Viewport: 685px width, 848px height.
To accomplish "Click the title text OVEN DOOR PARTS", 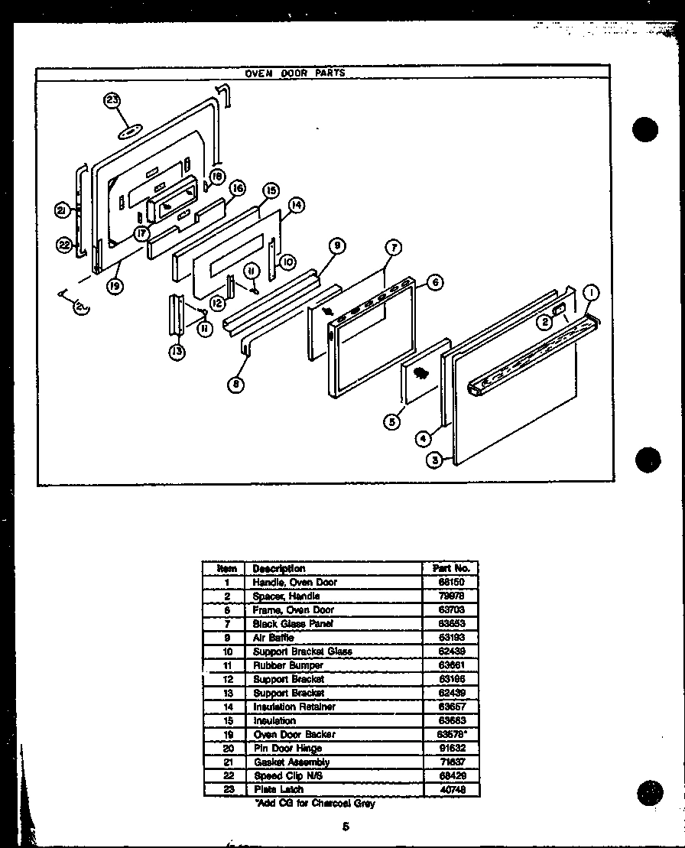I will pyautogui.click(x=295, y=73).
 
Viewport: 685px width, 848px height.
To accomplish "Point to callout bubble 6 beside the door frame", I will pyautogui.click(x=435, y=282).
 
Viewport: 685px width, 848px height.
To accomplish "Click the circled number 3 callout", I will pyautogui.click(x=436, y=461).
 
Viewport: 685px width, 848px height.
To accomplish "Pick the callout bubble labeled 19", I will pyautogui.click(x=115, y=288).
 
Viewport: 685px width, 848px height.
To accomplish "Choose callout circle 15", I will pyautogui.click(x=271, y=190).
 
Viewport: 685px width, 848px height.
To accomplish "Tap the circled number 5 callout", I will pyautogui.click(x=392, y=421).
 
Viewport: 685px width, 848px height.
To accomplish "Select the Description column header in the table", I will pyautogui.click(x=279, y=568).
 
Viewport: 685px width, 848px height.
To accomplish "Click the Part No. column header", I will pyautogui.click(x=450, y=568).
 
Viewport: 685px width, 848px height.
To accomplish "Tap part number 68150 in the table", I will pyautogui.click(x=450, y=582).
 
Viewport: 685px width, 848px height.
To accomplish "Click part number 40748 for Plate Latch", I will pyautogui.click(x=450, y=789).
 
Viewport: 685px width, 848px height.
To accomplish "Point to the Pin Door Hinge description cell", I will pyautogui.click(x=287, y=748).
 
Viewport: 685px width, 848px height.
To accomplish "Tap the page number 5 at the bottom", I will pyautogui.click(x=346, y=827).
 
